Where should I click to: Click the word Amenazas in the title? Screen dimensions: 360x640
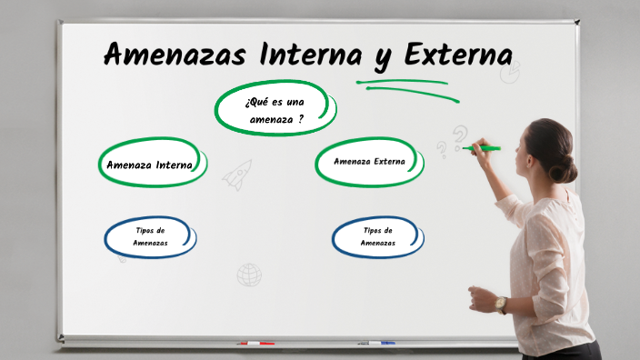click(x=175, y=54)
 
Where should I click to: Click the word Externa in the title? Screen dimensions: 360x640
click(x=457, y=54)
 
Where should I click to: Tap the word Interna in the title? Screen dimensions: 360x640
click(x=311, y=54)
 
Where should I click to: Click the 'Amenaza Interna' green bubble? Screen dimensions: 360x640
click(x=150, y=165)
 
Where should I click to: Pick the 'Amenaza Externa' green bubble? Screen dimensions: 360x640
click(x=369, y=162)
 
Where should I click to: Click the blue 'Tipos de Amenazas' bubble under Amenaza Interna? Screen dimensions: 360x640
click(x=150, y=236)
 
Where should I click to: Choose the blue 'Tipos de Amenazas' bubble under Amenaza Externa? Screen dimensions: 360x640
click(x=377, y=236)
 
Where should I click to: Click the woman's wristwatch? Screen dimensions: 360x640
click(x=501, y=304)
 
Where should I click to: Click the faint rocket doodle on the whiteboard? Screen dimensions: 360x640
click(x=238, y=173)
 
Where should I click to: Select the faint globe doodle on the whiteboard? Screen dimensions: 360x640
click(x=249, y=275)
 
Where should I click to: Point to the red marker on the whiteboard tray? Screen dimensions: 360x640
click(x=255, y=343)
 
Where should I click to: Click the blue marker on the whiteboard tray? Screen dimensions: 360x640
click(x=376, y=343)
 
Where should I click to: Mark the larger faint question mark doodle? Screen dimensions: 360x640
click(x=460, y=137)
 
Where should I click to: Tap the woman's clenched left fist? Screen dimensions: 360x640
click(x=478, y=298)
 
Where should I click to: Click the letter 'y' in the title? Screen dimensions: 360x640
click(x=383, y=56)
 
